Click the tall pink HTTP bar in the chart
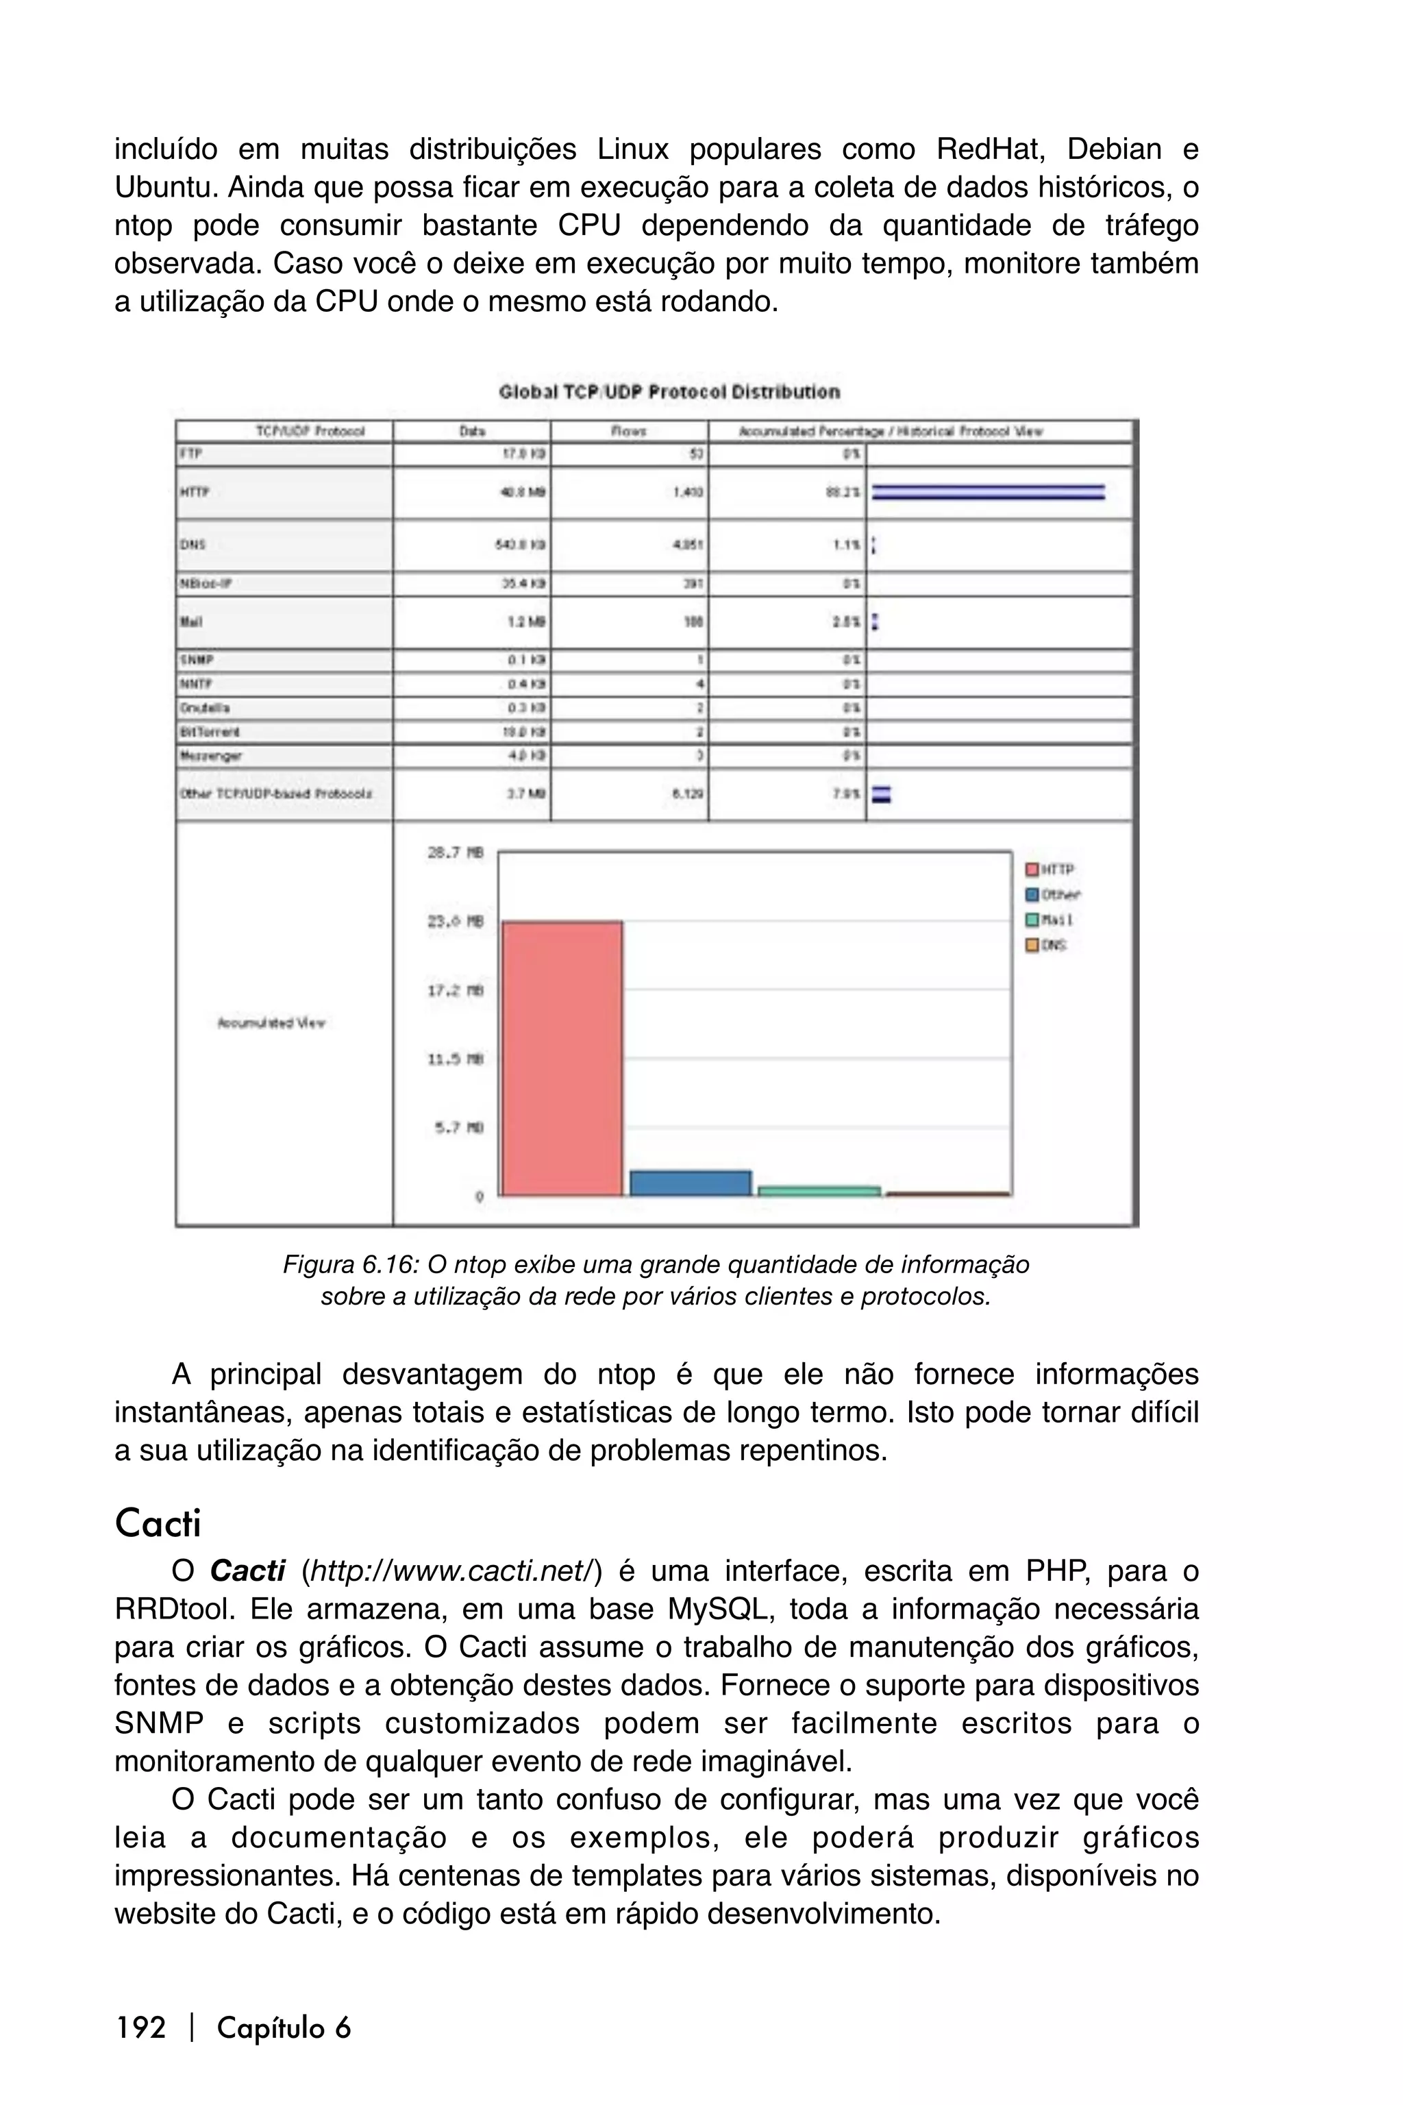pos(562,1058)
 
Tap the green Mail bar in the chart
pos(819,1191)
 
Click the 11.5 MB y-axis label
pos(456,1059)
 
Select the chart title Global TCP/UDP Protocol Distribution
pos(669,392)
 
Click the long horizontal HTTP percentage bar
pos(988,492)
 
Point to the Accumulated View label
pos(271,1023)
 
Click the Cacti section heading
pos(158,1523)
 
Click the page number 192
pos(140,2027)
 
